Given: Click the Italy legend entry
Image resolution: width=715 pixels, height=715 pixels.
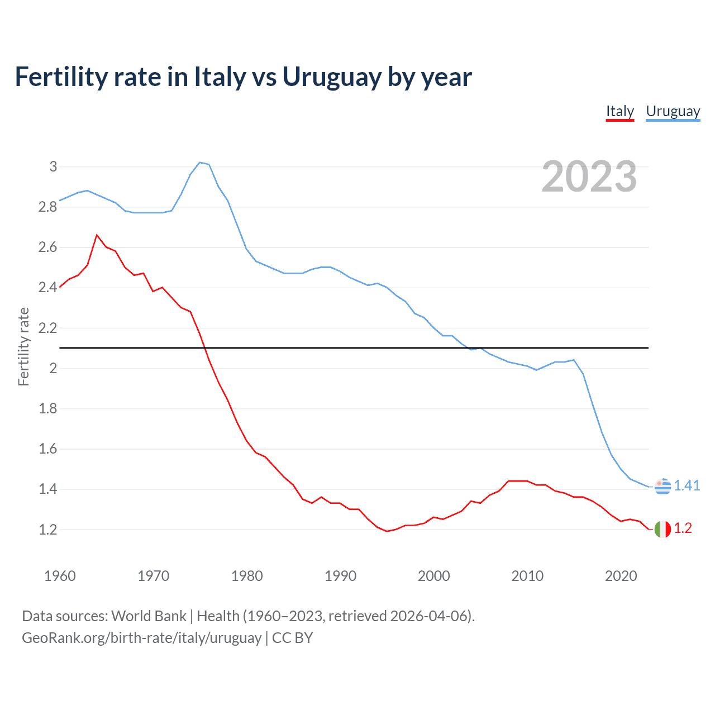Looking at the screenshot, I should tap(620, 111).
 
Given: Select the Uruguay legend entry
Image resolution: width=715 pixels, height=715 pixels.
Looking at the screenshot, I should tap(673, 111).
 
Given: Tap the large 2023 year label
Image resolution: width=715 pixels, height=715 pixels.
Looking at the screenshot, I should tap(589, 177).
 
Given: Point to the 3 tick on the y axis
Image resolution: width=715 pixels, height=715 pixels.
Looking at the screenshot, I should tap(53, 166).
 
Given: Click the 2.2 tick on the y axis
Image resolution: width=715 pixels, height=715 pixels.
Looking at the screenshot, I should tap(48, 328).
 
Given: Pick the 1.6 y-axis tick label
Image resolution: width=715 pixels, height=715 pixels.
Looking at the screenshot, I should tap(48, 449).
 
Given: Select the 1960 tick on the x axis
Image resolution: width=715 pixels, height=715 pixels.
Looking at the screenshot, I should tap(60, 576).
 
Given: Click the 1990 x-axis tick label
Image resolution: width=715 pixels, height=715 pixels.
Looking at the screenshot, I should tap(340, 576).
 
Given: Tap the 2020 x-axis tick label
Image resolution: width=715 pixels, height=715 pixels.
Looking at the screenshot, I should tap(621, 576).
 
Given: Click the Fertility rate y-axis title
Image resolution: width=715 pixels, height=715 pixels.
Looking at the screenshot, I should tap(23, 346).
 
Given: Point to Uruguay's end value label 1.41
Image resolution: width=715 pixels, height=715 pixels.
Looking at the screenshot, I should tap(687, 485).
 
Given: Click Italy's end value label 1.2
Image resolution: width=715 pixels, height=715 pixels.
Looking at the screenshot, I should tap(683, 528).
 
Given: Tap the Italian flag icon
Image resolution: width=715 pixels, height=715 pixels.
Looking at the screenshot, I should tap(662, 528).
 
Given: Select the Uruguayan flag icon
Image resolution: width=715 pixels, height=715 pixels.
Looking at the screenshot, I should tap(662, 487).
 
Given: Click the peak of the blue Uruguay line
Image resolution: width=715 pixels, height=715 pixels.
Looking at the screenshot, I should tap(200, 163).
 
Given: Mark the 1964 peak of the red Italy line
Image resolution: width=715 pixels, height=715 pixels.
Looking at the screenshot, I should tap(97, 235).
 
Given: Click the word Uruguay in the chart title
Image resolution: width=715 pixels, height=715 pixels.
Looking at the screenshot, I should tap(332, 77).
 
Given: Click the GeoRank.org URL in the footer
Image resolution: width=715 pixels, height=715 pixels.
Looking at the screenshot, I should tap(141, 637).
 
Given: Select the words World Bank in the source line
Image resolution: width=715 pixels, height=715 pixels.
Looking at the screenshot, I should tap(149, 616).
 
